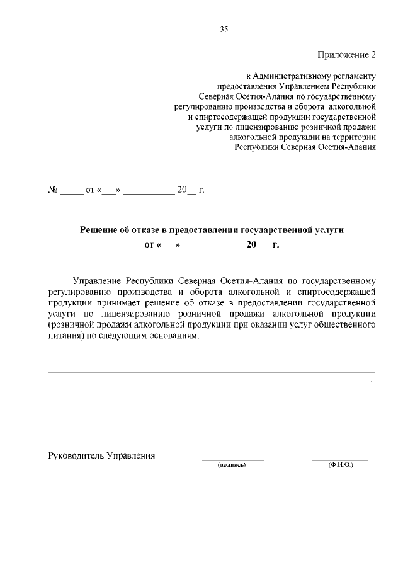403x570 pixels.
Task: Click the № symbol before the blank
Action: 54,190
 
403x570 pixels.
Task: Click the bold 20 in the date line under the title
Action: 251,246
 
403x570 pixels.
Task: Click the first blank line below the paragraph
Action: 212,350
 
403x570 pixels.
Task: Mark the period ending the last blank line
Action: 372,383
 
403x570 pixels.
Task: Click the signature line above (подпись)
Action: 232,460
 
